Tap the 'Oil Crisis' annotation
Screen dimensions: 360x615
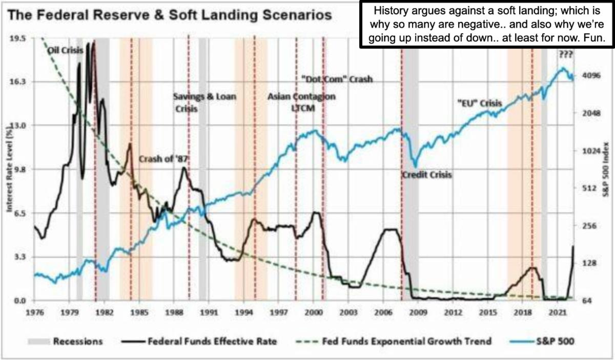(x=62, y=51)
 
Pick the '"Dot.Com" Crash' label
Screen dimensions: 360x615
(x=335, y=79)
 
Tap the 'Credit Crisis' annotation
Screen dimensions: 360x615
(x=427, y=175)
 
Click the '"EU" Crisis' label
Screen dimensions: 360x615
(x=479, y=103)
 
